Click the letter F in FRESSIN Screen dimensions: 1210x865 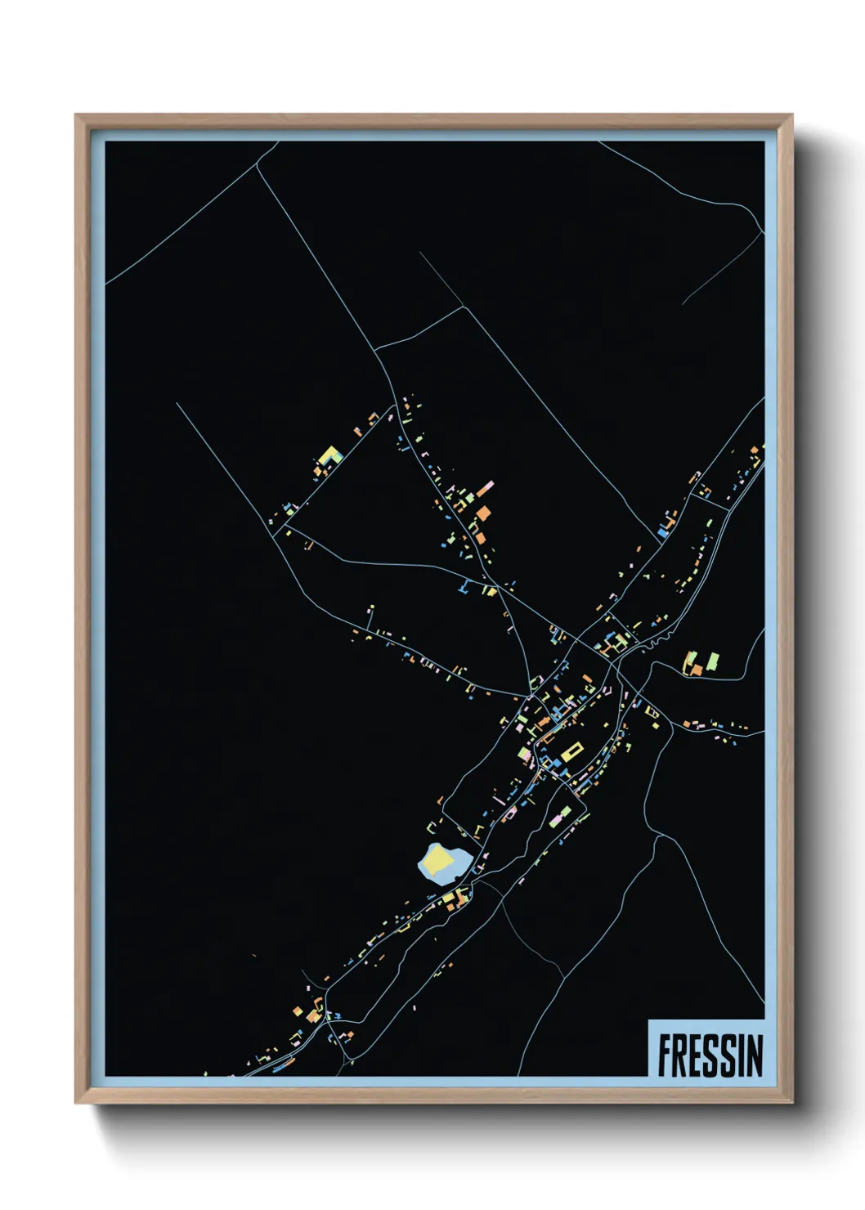pos(666,1055)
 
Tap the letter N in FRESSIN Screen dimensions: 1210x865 pos(753,1055)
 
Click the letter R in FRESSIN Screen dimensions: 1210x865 pos(683,1055)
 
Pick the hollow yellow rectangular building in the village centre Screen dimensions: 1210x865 pos(571,751)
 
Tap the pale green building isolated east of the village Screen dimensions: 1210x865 pos(713,660)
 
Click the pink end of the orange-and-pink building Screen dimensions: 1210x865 pos(488,486)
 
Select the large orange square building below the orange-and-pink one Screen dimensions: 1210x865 pos(484,513)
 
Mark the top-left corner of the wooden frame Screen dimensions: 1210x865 pos(76,115)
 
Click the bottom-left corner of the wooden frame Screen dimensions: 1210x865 pos(76,1102)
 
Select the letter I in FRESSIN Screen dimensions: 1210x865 pos(740,1055)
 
